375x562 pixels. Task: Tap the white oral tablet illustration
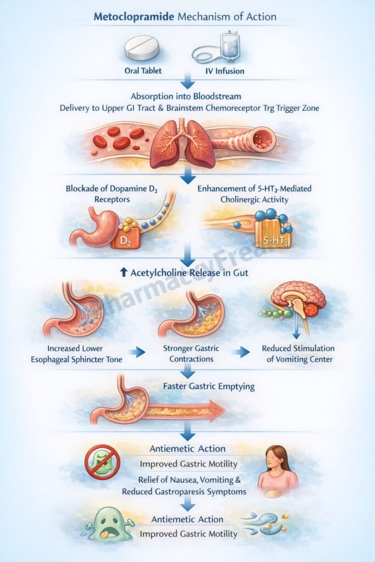141,48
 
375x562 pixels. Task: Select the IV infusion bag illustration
223,47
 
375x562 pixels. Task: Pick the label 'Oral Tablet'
141,71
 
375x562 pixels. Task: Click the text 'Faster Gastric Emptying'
209,386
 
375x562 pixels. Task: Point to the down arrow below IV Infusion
188,83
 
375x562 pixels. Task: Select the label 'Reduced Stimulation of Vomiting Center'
298,353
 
